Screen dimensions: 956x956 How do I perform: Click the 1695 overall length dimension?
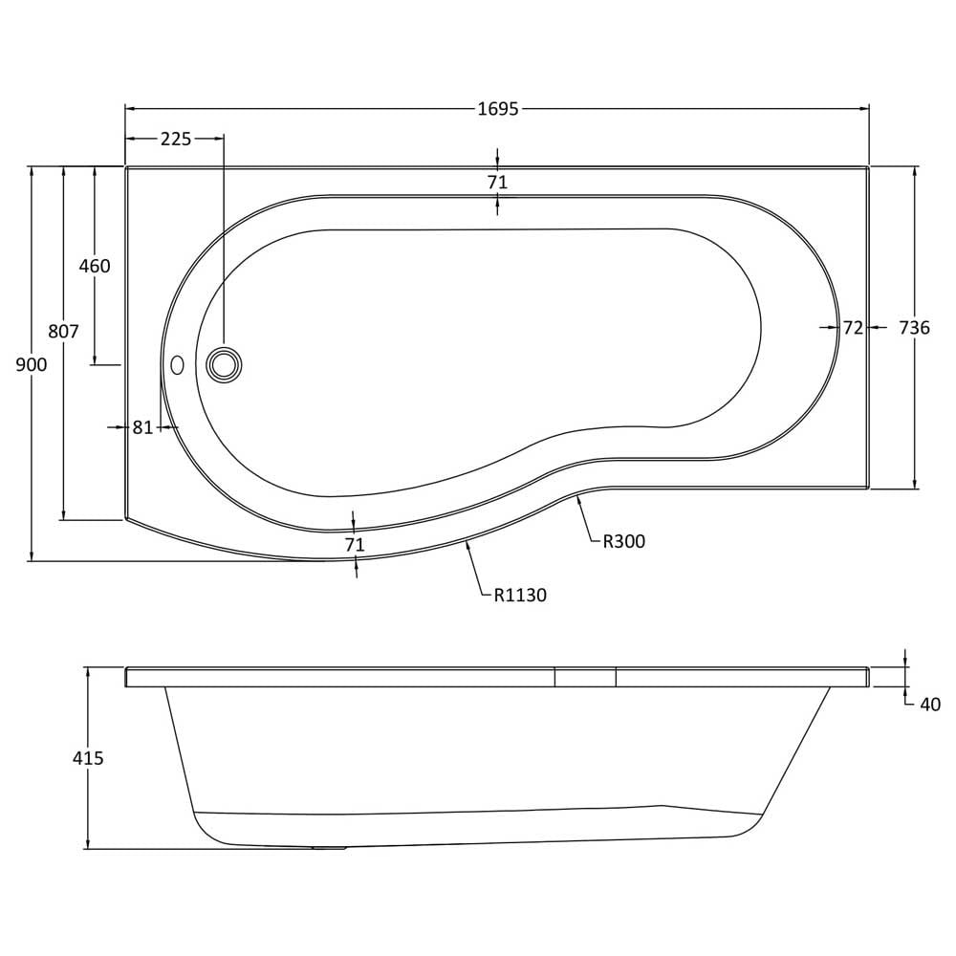click(497, 109)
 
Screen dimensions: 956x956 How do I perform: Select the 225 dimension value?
click(176, 139)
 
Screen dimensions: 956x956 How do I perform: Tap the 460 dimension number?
click(95, 266)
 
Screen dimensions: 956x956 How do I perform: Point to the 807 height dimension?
click(63, 331)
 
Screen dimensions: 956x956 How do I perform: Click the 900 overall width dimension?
click(32, 364)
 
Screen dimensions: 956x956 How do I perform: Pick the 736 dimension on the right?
click(915, 328)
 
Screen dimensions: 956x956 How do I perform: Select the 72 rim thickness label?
click(853, 328)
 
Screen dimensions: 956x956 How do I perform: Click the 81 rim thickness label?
click(142, 427)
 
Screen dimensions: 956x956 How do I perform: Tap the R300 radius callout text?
click(623, 541)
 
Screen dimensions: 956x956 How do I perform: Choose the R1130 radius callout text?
click(520, 595)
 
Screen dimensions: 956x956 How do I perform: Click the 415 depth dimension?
click(88, 758)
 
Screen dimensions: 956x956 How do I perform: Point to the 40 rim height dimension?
click(930, 705)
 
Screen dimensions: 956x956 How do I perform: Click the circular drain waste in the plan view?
click(224, 365)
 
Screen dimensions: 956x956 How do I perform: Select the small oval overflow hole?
click(178, 365)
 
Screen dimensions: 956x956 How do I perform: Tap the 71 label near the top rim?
click(497, 182)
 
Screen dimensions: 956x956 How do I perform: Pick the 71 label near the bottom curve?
click(355, 545)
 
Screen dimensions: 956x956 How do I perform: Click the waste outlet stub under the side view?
click(329, 847)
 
